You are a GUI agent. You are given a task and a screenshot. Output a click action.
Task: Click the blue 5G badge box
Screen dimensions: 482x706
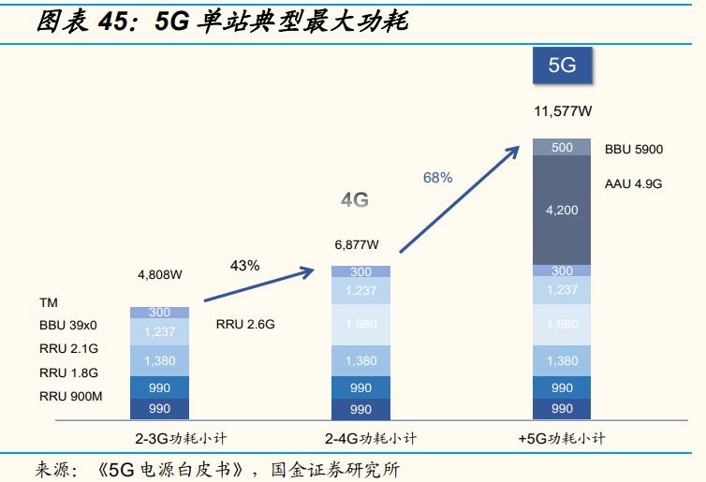(x=562, y=68)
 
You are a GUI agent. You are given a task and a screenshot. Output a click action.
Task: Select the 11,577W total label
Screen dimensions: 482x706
(x=562, y=111)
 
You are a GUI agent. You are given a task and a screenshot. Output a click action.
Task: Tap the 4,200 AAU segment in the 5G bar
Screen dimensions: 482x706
(x=562, y=211)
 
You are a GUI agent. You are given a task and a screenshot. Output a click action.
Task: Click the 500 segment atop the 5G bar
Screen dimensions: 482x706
(x=562, y=147)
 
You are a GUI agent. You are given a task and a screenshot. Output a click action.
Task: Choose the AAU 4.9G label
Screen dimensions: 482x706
(x=633, y=184)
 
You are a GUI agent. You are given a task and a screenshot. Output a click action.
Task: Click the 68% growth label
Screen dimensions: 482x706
(x=437, y=177)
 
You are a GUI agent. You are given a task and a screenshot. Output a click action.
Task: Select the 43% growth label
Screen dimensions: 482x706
(x=244, y=266)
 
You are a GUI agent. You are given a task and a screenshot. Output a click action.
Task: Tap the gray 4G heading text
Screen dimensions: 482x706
(x=354, y=200)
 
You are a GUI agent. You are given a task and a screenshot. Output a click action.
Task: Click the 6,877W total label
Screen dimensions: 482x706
(x=357, y=245)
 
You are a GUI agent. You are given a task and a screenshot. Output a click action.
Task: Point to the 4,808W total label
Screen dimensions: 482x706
(x=159, y=275)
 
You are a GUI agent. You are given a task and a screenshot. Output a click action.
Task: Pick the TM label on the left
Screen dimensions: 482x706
(x=48, y=303)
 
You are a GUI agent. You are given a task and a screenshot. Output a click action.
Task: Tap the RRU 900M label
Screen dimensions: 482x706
(x=70, y=397)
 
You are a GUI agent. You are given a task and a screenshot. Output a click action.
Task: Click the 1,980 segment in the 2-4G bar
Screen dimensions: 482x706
(x=360, y=325)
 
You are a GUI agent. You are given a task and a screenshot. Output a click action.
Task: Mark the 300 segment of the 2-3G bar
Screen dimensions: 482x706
(x=159, y=313)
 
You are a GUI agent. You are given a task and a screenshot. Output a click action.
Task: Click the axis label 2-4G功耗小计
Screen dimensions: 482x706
(x=360, y=438)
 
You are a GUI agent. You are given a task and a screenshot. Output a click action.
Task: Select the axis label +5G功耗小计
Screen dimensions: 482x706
(x=562, y=438)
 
